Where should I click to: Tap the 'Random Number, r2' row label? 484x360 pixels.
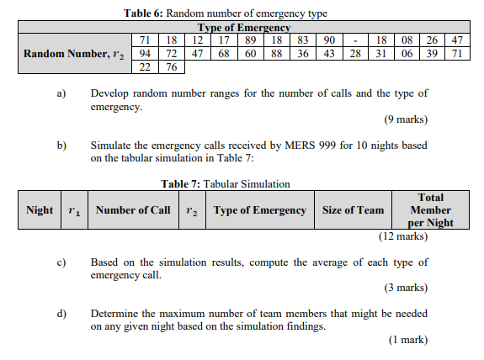tap(75, 53)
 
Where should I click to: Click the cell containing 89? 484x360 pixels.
tap(250, 40)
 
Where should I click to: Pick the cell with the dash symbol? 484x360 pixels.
tap(356, 40)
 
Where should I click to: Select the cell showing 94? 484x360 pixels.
tap(144, 53)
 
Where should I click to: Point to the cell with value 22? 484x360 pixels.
tap(144, 66)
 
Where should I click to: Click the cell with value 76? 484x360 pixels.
tap(171, 66)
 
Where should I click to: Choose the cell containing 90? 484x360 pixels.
tap(329, 40)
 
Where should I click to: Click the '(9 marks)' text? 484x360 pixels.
tap(406, 120)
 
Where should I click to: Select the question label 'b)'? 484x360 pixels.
tap(61, 146)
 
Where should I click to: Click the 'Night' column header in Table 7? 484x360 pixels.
tap(40, 210)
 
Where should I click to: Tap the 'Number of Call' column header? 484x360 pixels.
tap(132, 210)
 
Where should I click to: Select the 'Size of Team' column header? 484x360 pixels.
tap(353, 210)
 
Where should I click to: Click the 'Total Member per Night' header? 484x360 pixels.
tap(430, 210)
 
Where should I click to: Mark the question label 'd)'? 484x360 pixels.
tap(61, 314)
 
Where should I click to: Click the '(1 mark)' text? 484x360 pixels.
tap(407, 340)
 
